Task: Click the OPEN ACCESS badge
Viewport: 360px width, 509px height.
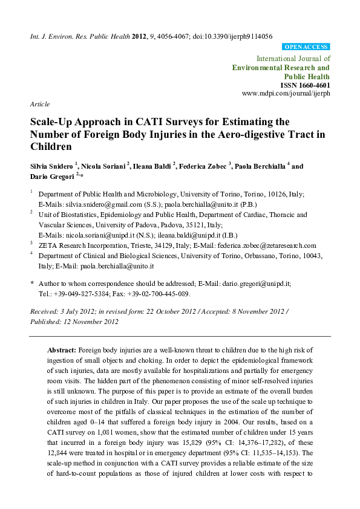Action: (306, 47)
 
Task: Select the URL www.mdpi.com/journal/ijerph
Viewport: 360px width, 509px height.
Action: (286, 94)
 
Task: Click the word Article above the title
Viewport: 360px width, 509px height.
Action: (40, 104)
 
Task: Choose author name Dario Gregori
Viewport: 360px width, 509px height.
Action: (51, 175)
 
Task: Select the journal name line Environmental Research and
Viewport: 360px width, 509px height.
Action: (281, 68)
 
